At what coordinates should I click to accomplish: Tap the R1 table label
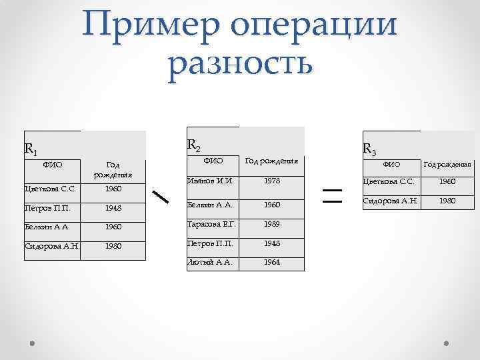click(x=31, y=148)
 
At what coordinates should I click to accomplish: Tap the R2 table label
click(x=193, y=144)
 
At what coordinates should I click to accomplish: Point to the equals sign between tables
click(x=331, y=195)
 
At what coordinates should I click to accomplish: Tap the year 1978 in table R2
click(x=271, y=181)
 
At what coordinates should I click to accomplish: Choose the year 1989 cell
click(x=271, y=224)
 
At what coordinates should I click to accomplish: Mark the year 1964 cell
click(x=271, y=262)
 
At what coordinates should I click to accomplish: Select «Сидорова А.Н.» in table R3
click(x=390, y=201)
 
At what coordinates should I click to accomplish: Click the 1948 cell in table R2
click(x=271, y=243)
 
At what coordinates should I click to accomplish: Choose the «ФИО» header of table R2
click(x=213, y=161)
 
